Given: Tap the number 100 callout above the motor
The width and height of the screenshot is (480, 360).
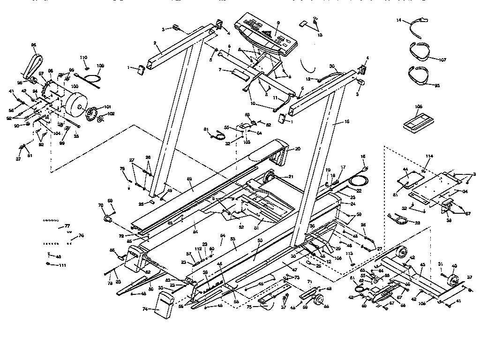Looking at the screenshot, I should tap(75, 87).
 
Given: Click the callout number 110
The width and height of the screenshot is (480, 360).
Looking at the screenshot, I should tap(83, 58).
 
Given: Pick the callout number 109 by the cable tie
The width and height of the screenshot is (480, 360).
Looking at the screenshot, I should tap(100, 66).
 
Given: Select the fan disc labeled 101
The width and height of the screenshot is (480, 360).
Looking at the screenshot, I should tap(92, 113).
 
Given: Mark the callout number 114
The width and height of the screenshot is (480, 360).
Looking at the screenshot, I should tap(429, 156).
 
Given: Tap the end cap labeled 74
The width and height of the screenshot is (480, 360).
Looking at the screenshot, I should tap(164, 302).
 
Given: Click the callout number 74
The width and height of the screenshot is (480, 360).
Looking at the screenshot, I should tap(144, 309).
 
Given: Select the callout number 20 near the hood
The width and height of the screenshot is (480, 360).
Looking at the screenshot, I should tap(297, 149).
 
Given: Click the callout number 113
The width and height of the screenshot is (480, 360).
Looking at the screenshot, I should tap(349, 254).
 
